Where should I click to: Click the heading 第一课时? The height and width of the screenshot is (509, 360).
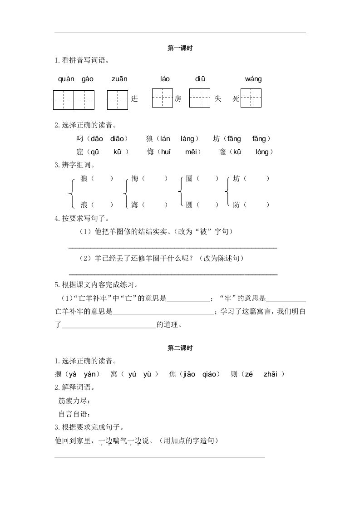click(x=180, y=48)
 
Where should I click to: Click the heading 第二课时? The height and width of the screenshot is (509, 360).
click(x=180, y=348)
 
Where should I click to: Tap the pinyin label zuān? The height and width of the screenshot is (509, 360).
click(x=119, y=79)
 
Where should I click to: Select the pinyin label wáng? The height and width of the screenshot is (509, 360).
click(x=253, y=79)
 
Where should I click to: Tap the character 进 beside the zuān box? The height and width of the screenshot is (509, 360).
click(x=134, y=99)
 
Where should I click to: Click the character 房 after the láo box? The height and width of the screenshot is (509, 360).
click(x=178, y=99)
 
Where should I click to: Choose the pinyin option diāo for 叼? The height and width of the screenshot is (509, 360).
click(x=119, y=139)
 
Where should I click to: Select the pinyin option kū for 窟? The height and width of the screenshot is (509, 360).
click(x=117, y=152)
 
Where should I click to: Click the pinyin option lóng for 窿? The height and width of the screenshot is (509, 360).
click(x=262, y=152)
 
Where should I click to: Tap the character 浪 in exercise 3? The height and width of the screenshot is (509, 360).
click(x=84, y=205)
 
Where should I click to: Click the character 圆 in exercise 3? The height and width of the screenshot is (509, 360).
click(x=189, y=205)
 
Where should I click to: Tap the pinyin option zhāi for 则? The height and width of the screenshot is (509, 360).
click(x=272, y=374)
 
